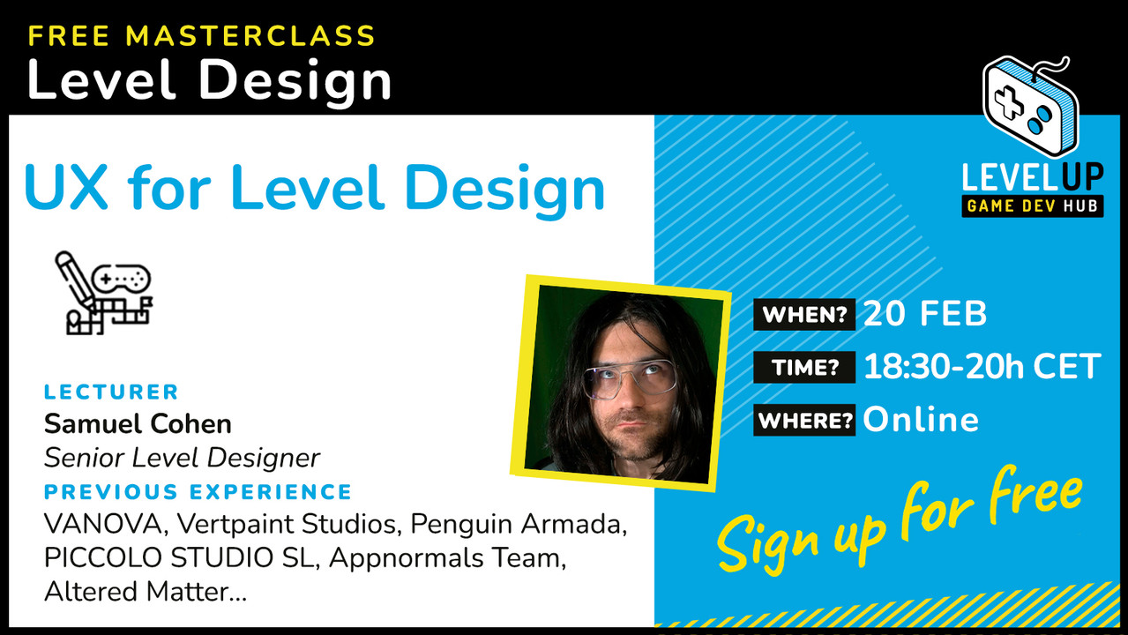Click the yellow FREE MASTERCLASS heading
pyautogui.click(x=201, y=36)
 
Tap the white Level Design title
pyautogui.click(x=209, y=81)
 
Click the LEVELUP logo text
pyautogui.click(x=1032, y=177)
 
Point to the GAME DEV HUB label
pyautogui.click(x=1032, y=206)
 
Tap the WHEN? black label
pyautogui.click(x=803, y=315)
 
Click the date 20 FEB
pyautogui.click(x=924, y=315)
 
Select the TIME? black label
pyautogui.click(x=803, y=367)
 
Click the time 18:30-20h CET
pyautogui.click(x=982, y=367)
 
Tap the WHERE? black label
pyautogui.click(x=803, y=420)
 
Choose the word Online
pyautogui.click(x=920, y=420)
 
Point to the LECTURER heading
pyautogui.click(x=111, y=392)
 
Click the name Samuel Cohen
pyautogui.click(x=138, y=424)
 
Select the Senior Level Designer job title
pyautogui.click(x=182, y=458)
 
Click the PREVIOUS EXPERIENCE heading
pyautogui.click(x=198, y=491)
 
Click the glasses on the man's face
pyautogui.click(x=628, y=377)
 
